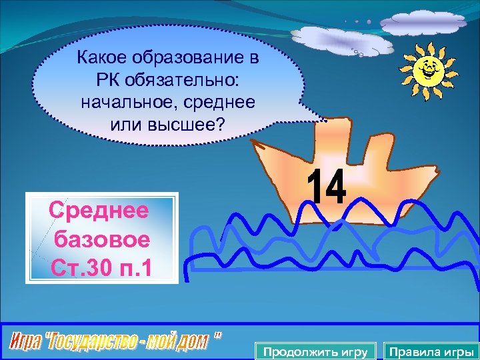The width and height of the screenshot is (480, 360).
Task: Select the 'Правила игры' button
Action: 431,351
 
